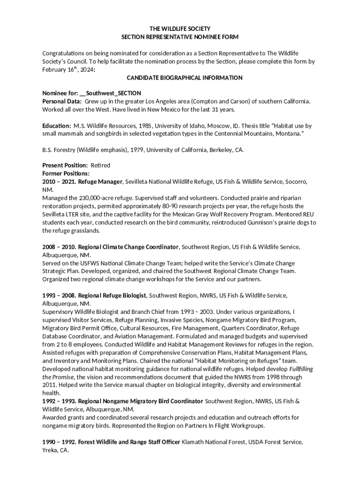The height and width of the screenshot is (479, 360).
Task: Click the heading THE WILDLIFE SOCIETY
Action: tap(180, 29)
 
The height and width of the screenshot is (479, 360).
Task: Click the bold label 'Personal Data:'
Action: tap(62, 101)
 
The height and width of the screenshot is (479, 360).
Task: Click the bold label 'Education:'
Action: tap(57, 126)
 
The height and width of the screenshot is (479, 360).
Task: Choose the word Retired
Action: tap(100, 166)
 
